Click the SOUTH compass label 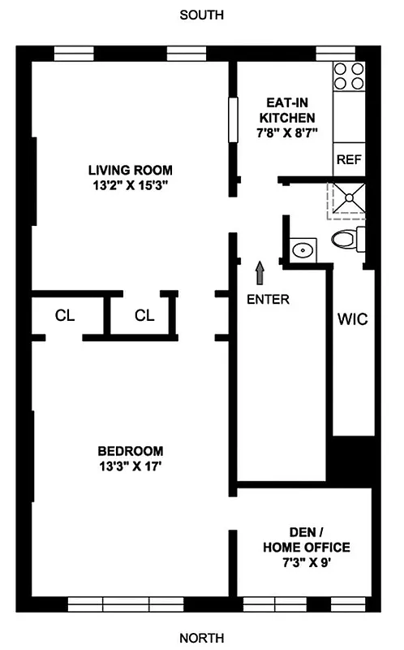pyautogui.click(x=202, y=15)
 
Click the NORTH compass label pyautogui.click(x=202, y=638)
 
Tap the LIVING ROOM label pyautogui.click(x=131, y=170)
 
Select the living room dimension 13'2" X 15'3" pyautogui.click(x=131, y=185)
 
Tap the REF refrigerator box pyautogui.click(x=348, y=160)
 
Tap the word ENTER pyautogui.click(x=268, y=298)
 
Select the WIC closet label pyautogui.click(x=352, y=319)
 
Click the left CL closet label pyautogui.click(x=64, y=315)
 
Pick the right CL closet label pyautogui.click(x=144, y=315)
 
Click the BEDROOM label pyautogui.click(x=131, y=451)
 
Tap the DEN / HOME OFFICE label pyautogui.click(x=306, y=539)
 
